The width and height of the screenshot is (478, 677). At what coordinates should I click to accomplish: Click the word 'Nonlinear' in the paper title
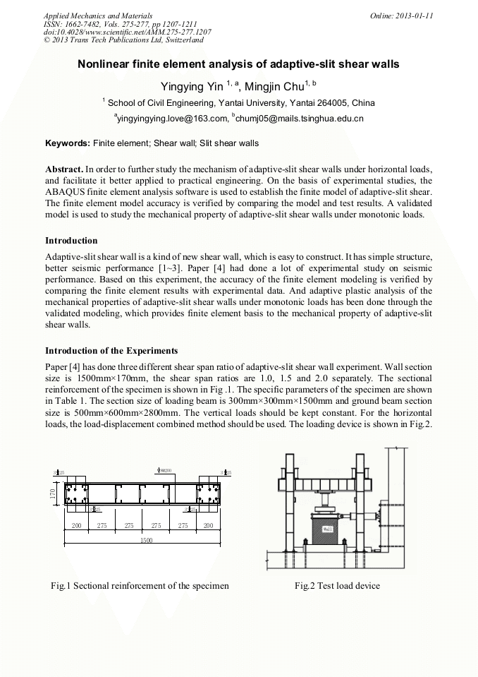pos(106,64)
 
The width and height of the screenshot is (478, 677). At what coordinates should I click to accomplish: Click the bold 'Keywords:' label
pos(68,143)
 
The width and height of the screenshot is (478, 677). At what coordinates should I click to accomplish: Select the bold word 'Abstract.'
pos(64,170)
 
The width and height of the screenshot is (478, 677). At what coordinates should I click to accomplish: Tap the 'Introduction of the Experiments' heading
pos(111,351)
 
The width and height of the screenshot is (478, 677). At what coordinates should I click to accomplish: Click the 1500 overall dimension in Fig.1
pos(146,540)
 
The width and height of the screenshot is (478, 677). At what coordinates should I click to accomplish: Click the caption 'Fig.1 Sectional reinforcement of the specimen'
pos(140,585)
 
